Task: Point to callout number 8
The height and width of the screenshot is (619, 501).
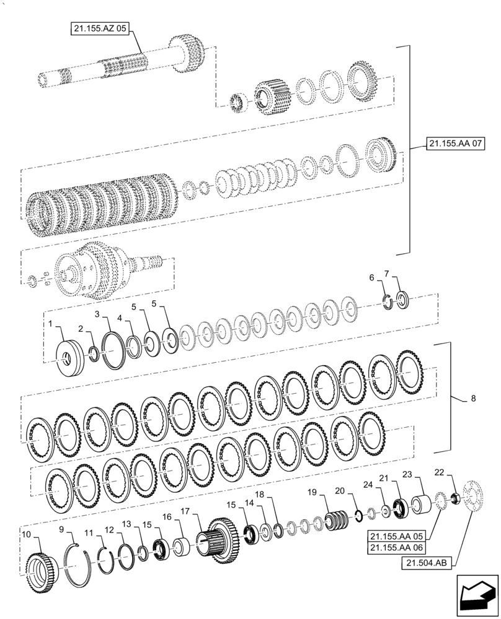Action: (x=473, y=399)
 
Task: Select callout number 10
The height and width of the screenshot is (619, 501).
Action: (x=26, y=534)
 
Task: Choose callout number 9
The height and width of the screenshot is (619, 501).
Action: (x=61, y=529)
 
